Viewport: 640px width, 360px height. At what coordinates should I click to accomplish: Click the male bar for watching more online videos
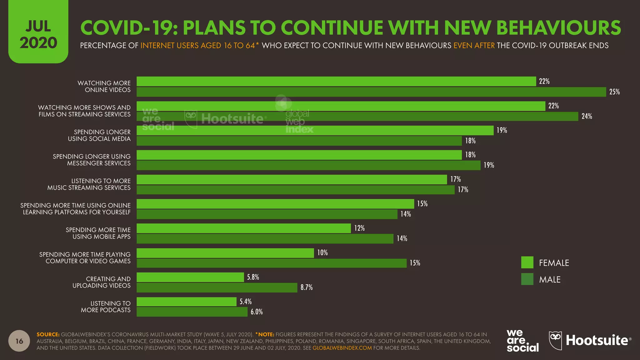click(371, 92)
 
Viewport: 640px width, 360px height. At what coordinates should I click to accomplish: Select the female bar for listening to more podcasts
click(187, 302)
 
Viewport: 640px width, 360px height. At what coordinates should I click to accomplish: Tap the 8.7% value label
click(306, 287)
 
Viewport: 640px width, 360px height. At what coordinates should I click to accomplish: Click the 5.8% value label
click(253, 277)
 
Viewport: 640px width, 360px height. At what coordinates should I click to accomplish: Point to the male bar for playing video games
click(272, 263)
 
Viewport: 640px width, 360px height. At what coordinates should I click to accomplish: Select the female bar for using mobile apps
click(244, 228)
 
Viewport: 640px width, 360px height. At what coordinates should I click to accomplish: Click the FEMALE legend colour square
click(527, 262)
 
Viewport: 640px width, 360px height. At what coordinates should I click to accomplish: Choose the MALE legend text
click(550, 279)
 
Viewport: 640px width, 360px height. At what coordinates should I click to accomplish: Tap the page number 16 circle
click(19, 341)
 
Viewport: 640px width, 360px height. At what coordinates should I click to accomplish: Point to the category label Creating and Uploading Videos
click(102, 282)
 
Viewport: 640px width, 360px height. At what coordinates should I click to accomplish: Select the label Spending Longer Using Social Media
click(99, 135)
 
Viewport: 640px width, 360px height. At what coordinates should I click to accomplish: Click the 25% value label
click(614, 92)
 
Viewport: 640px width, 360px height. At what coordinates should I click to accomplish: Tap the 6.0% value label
click(257, 312)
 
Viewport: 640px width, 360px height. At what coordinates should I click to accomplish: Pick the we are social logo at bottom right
click(522, 341)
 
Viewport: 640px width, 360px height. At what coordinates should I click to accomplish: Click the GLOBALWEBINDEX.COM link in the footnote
click(342, 348)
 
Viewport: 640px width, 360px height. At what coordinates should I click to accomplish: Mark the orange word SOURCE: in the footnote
click(48, 334)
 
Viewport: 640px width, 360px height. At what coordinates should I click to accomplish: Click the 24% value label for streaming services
click(587, 116)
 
